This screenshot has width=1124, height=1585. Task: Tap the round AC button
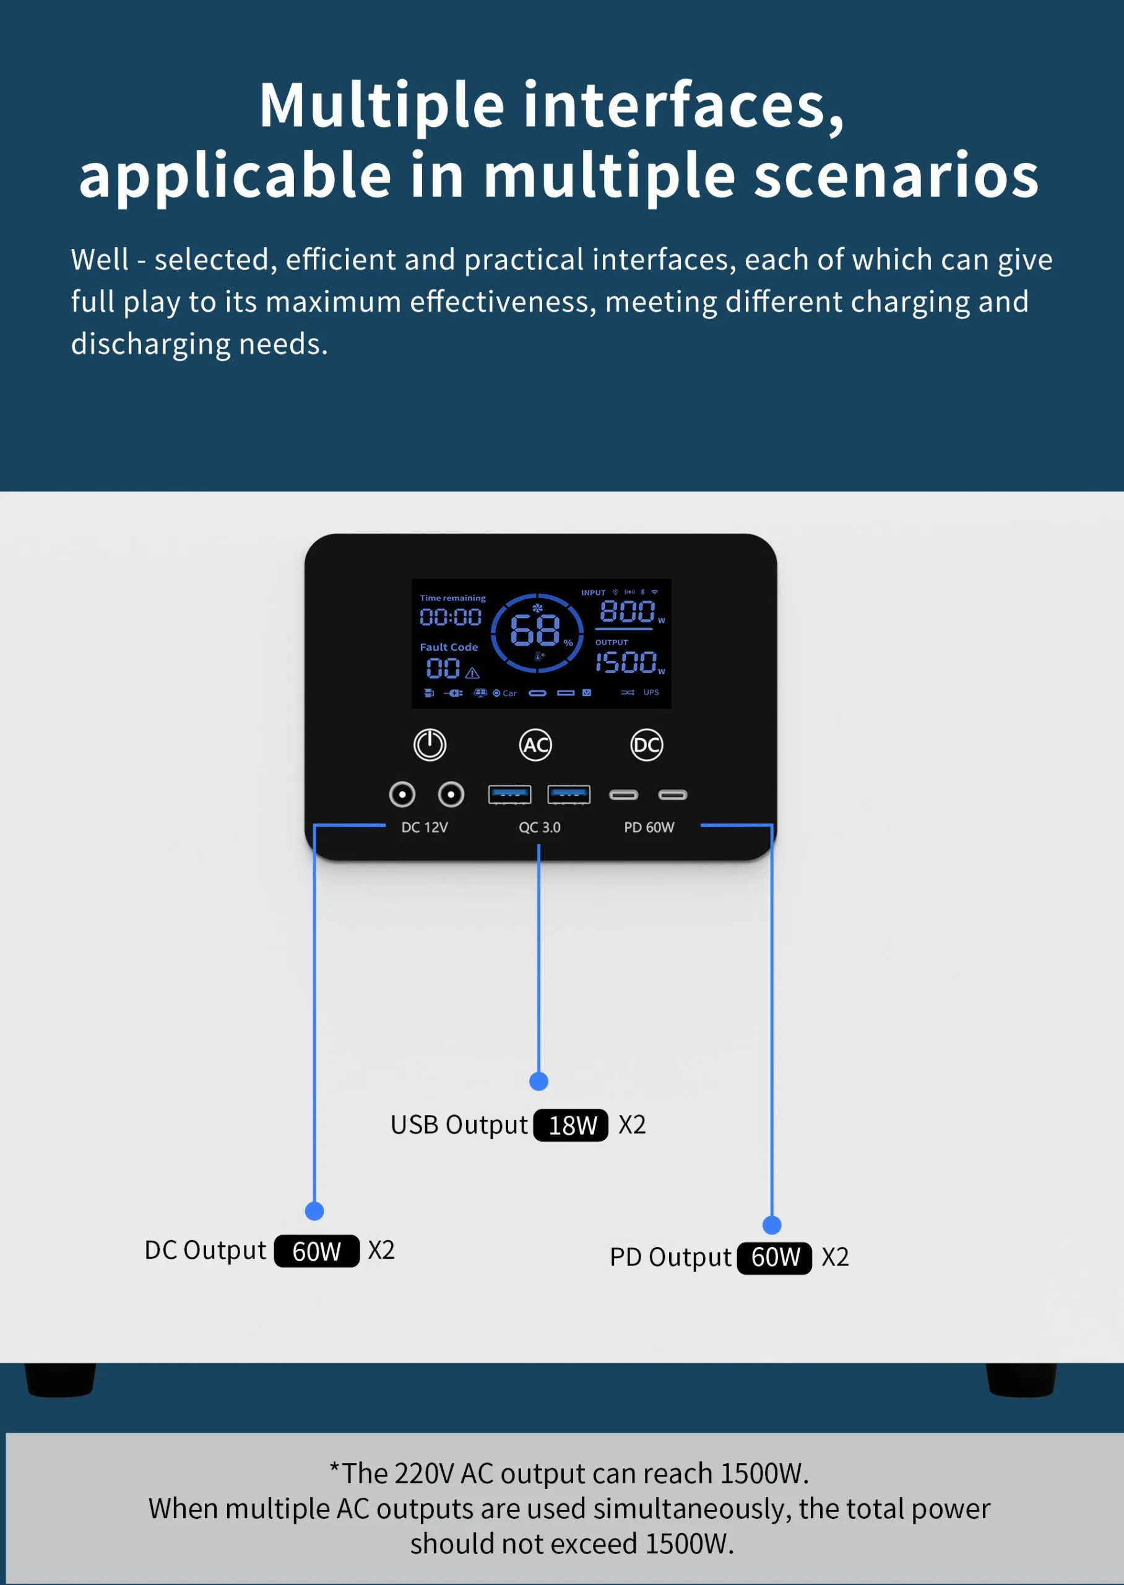pyautogui.click(x=535, y=745)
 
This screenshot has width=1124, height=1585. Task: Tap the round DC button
pyautogui.click(x=646, y=745)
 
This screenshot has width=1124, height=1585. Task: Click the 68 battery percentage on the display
pyautogui.click(x=535, y=630)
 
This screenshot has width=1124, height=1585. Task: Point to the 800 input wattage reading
pyautogui.click(x=627, y=611)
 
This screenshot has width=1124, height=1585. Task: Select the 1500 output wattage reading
pyautogui.click(x=626, y=662)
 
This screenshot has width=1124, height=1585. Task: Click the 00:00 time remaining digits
pyautogui.click(x=451, y=617)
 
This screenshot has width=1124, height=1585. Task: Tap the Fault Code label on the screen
pyautogui.click(x=449, y=647)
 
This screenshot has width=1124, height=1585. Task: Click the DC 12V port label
pyautogui.click(x=424, y=827)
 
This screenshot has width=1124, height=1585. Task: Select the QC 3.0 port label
pyautogui.click(x=539, y=827)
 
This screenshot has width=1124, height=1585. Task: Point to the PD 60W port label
pyautogui.click(x=649, y=827)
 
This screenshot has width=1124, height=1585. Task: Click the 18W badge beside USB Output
pyautogui.click(x=571, y=1125)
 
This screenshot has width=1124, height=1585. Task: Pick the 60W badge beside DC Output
pyautogui.click(x=316, y=1251)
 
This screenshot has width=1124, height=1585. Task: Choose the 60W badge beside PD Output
pyautogui.click(x=774, y=1257)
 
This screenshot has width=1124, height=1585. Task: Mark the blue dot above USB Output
pyautogui.click(x=538, y=1081)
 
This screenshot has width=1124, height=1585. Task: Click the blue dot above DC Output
pyautogui.click(x=314, y=1210)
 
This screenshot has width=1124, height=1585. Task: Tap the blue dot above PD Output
pyautogui.click(x=772, y=1225)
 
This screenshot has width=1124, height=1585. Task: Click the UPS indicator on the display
pyautogui.click(x=651, y=692)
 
